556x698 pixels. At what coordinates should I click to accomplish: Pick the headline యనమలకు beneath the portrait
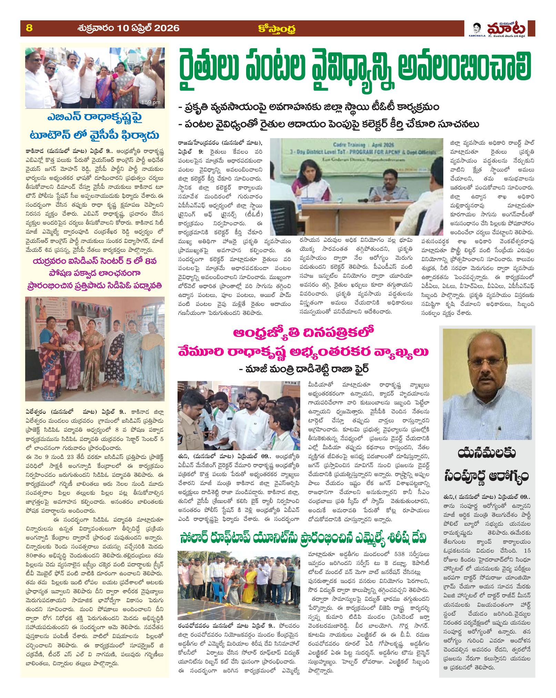click(x=486, y=457)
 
